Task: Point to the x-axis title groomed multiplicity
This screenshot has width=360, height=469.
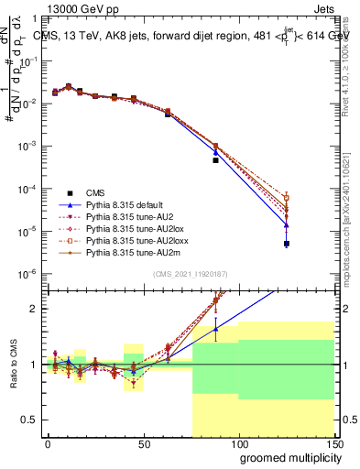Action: pos(280,457)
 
